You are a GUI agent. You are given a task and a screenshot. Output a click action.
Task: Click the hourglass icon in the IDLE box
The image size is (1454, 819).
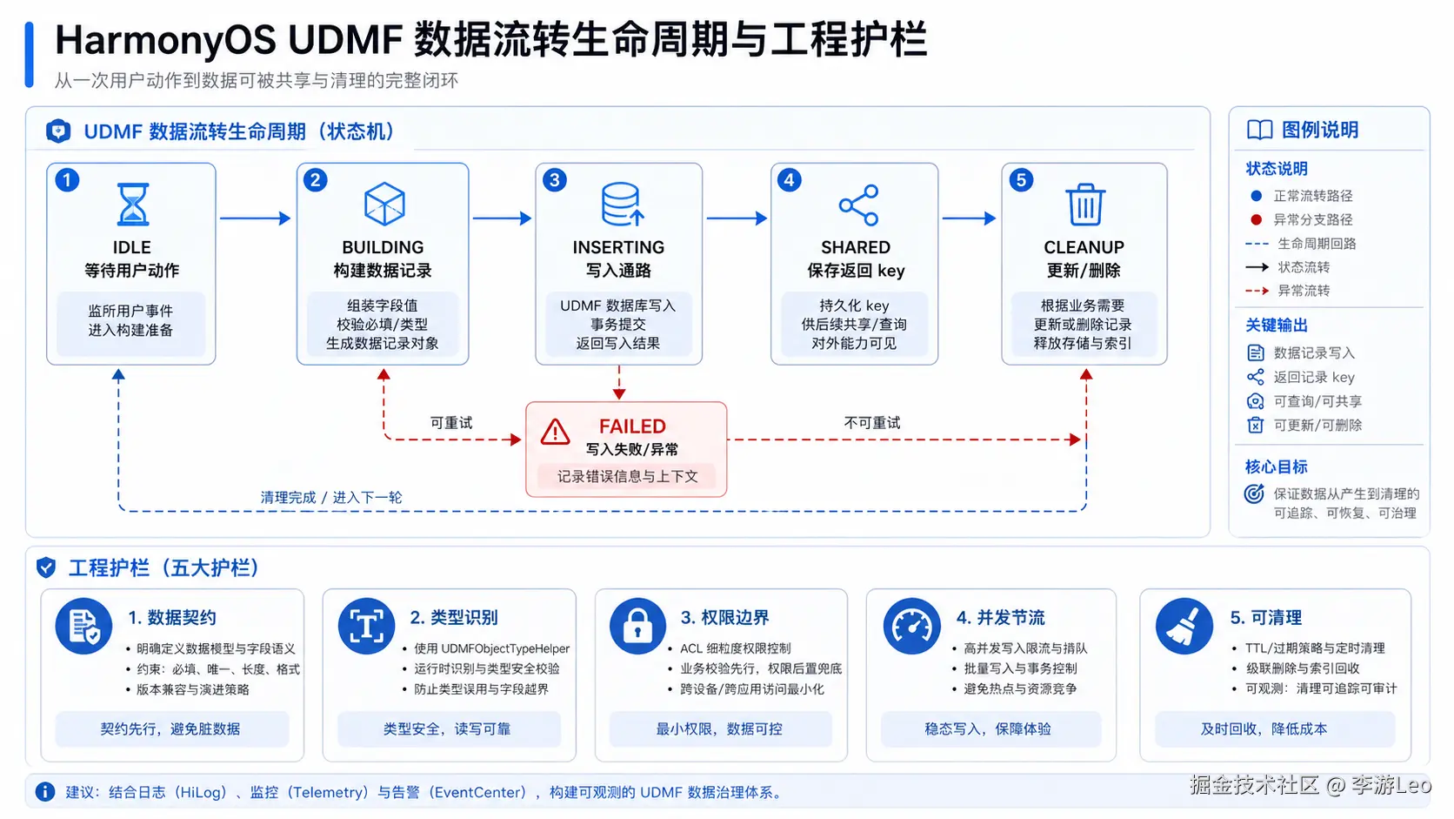[132, 204]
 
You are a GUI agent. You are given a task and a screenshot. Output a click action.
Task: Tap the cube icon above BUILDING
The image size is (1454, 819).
[384, 204]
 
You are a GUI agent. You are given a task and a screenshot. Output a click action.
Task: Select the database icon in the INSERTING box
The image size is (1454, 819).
[622, 204]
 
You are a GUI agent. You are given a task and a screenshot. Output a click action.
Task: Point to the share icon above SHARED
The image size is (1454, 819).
[859, 205]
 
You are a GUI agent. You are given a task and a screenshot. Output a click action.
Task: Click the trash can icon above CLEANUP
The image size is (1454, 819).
[1084, 205]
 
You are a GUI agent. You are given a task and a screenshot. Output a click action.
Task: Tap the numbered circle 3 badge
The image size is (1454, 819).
[554, 180]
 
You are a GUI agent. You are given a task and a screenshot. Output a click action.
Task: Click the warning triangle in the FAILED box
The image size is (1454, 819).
[555, 432]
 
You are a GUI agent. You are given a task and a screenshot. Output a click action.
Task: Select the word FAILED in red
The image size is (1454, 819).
[632, 426]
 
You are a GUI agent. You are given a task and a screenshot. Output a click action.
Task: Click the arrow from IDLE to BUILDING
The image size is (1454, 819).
[255, 218]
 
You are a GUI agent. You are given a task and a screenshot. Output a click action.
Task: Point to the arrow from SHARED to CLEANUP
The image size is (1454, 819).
[969, 218]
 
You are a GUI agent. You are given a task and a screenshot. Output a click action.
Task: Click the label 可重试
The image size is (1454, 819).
[451, 423]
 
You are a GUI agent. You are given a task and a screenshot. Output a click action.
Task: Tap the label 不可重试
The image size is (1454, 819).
[871, 423]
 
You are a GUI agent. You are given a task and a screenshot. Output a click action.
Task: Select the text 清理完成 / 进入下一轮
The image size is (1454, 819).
[331, 498]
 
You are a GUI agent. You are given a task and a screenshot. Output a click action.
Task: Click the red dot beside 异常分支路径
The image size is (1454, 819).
[1256, 219]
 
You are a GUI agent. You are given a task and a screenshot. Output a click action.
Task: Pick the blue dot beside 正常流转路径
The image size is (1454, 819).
[1256, 196]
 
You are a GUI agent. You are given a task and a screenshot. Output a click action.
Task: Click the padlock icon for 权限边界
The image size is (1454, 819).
[637, 626]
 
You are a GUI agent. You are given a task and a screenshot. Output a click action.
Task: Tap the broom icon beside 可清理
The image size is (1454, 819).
[1184, 626]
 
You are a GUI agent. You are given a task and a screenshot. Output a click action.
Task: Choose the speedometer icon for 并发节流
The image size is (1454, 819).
[911, 626]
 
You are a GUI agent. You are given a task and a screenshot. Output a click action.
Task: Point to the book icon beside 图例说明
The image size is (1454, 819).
[1259, 130]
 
